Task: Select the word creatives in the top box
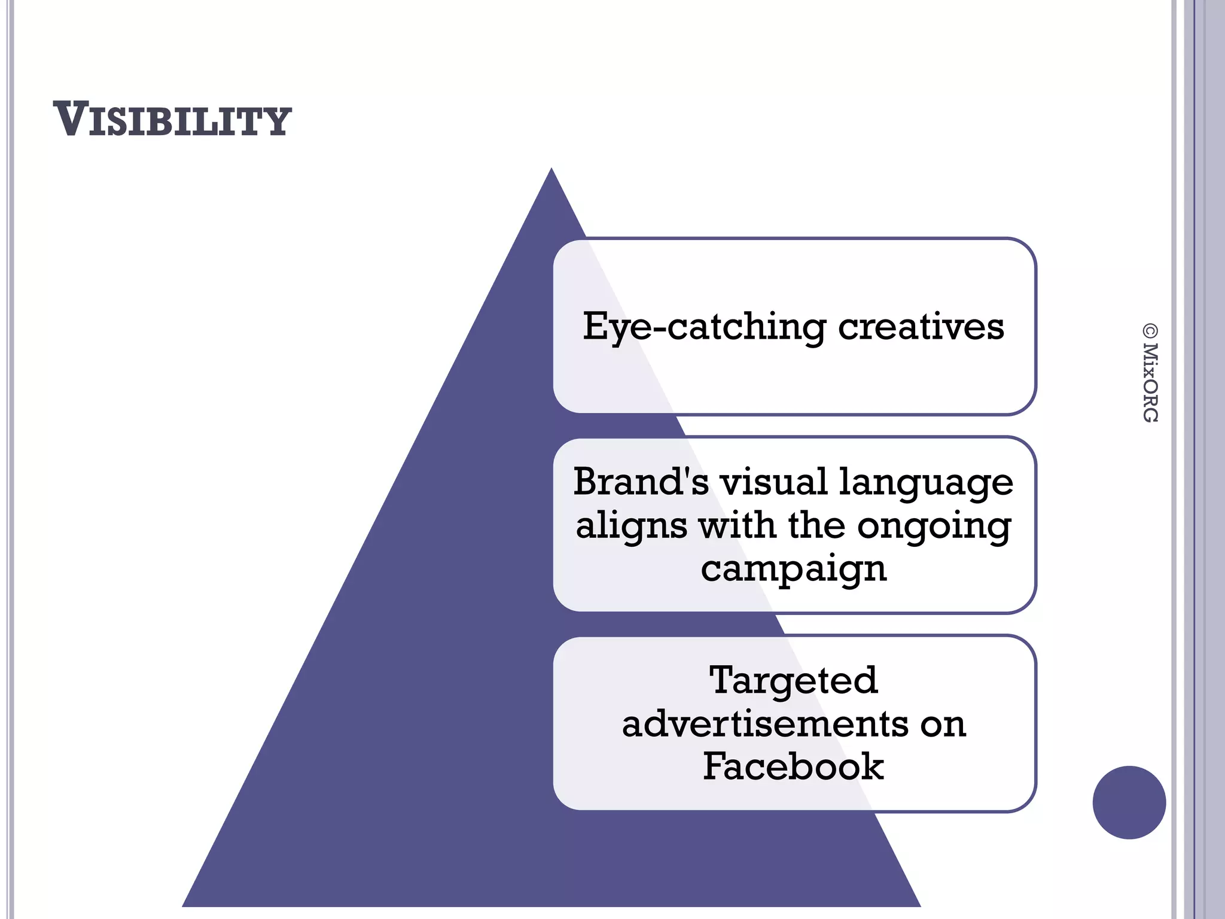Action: [921, 327]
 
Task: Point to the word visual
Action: [773, 482]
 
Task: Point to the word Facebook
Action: [793, 766]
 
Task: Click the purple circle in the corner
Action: [1129, 802]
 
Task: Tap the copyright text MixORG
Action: [1150, 382]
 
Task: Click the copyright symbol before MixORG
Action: [1150, 331]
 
